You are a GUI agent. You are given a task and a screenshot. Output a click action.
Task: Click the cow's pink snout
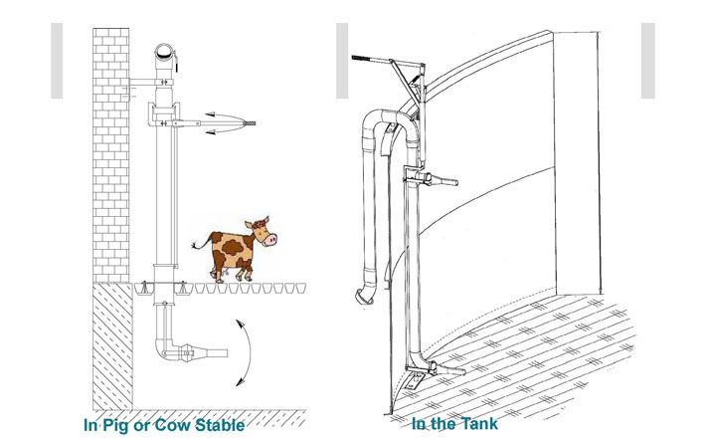(x=270, y=240)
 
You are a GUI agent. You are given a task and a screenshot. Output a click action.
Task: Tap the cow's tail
(x=200, y=243)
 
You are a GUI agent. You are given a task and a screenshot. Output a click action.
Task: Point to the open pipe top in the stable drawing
(x=164, y=53)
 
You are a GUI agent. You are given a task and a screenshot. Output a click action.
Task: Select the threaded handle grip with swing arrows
(x=250, y=123)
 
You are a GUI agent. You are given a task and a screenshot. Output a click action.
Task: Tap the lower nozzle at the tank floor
(x=445, y=368)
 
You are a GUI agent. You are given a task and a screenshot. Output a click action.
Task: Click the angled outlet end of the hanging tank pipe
(x=364, y=296)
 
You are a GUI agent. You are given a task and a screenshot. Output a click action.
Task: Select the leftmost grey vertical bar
(x=57, y=61)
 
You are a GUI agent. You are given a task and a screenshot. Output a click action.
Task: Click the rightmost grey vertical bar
(x=648, y=61)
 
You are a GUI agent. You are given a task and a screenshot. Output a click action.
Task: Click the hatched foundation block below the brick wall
(x=112, y=346)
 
